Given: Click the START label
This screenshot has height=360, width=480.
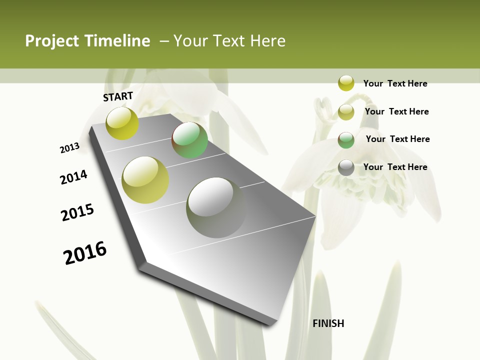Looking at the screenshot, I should pyautogui.click(x=118, y=96).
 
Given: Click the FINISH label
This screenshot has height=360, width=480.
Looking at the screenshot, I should pyautogui.click(x=328, y=323).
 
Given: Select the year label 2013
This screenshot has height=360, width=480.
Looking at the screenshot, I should pyautogui.click(x=69, y=148).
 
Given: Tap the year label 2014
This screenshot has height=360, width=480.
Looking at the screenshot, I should pyautogui.click(x=73, y=177).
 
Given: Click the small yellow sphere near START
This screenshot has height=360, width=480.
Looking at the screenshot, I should pyautogui.click(x=122, y=123).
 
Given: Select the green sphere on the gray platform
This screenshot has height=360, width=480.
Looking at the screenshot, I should pyautogui.click(x=189, y=140).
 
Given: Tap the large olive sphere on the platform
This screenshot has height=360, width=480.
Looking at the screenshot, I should pyautogui.click(x=145, y=180).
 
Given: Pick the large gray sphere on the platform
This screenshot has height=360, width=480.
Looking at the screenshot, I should pyautogui.click(x=216, y=207).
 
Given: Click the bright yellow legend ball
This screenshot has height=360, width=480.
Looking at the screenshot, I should pyautogui.click(x=346, y=83).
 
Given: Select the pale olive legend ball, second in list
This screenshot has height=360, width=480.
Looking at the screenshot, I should pyautogui.click(x=346, y=111).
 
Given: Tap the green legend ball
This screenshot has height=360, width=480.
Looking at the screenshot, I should pyautogui.click(x=346, y=139).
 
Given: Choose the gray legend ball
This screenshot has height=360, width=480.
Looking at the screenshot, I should pyautogui.click(x=346, y=167).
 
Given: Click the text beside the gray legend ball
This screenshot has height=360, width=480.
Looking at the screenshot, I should pyautogui.click(x=395, y=167).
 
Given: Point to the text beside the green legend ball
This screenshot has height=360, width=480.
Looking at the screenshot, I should pyautogui.click(x=397, y=139).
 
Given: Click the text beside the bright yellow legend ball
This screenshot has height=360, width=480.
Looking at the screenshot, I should pyautogui.click(x=395, y=83).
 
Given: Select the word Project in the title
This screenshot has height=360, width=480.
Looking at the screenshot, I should pyautogui.click(x=52, y=41).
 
